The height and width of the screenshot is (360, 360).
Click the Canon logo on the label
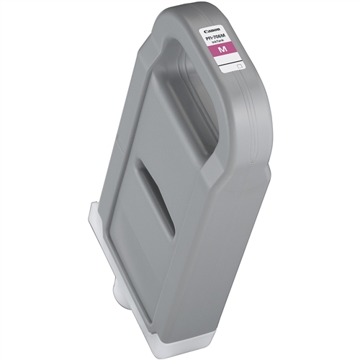(212, 30)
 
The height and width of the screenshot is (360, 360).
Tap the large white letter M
(222, 49)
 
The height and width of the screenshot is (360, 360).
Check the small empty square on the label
(239, 66)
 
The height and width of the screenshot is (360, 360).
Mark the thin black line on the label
(230, 63)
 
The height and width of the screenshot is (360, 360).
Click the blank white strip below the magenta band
(227, 58)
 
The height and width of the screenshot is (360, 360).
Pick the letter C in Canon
(205, 31)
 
